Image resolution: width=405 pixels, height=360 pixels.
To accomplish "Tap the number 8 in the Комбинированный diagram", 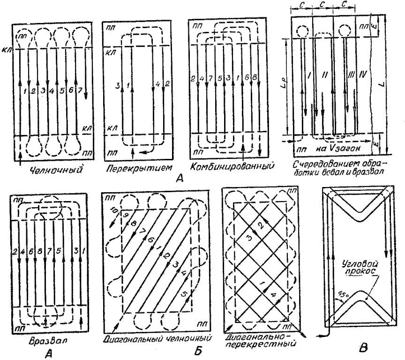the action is coord(254,77).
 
